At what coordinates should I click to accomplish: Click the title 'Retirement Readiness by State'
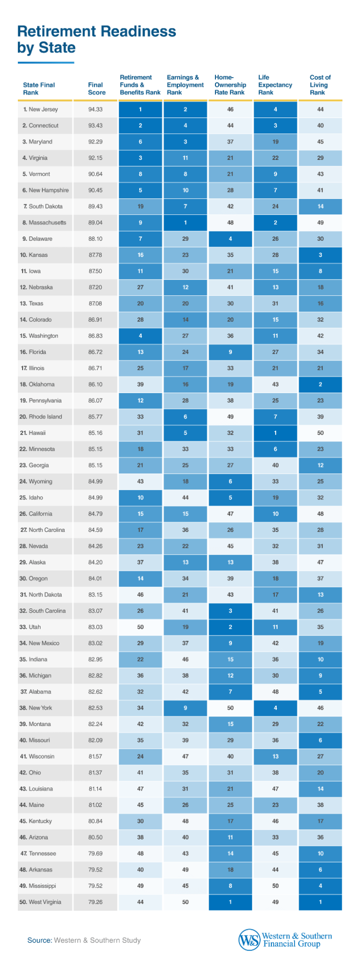[x=96, y=40]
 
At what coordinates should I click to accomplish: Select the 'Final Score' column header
[x=96, y=88]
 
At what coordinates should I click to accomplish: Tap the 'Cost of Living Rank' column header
[x=320, y=84]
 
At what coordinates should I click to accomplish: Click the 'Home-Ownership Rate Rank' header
[x=230, y=84]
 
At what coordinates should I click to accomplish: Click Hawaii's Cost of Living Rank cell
[x=320, y=433]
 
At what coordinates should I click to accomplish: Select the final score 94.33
[x=95, y=109]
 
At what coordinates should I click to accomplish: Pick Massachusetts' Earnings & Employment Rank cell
[x=186, y=223]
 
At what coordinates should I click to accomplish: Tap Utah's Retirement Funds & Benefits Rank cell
[x=140, y=627]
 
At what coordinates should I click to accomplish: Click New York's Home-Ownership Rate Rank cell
[x=230, y=708]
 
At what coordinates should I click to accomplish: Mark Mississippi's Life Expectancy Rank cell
[x=275, y=885]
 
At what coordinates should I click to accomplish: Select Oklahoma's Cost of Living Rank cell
[x=320, y=384]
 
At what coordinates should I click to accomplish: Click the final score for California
[x=95, y=514]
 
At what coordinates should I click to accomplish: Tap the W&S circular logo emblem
[x=249, y=940]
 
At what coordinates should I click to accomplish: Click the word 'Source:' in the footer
[x=40, y=940]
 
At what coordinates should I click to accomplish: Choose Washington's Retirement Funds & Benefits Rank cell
[x=140, y=336]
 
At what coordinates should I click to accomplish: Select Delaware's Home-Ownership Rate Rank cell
[x=230, y=239]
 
